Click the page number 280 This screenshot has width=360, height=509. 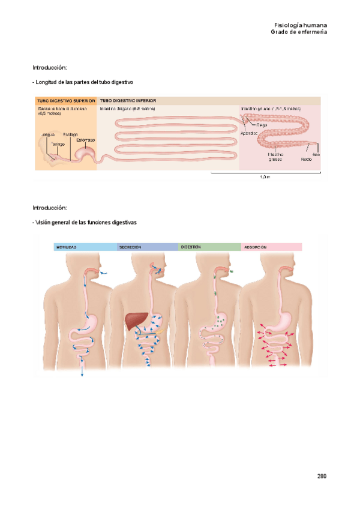[322, 476]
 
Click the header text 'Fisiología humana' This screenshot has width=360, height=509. [300, 25]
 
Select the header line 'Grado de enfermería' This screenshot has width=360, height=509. [299, 32]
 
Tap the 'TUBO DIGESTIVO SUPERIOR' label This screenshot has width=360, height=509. [65, 101]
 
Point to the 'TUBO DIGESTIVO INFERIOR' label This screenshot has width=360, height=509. [128, 101]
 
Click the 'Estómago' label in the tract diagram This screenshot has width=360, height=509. [85, 140]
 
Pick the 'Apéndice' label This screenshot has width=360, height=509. [249, 133]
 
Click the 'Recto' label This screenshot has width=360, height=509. [306, 159]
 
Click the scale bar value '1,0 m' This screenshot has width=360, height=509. [265, 177]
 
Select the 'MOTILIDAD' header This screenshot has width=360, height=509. [67, 247]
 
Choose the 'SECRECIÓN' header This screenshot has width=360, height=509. [130, 247]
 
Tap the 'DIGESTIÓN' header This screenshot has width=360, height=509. [191, 247]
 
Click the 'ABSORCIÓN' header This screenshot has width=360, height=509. [255, 247]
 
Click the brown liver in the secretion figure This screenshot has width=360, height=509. [133, 321]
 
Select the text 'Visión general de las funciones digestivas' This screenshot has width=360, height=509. [85, 222]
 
